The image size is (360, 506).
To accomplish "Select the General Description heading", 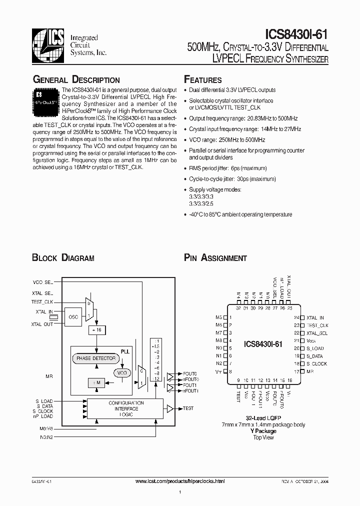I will (76, 80).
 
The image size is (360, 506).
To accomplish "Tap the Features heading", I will (203, 80).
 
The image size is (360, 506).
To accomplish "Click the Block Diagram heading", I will (63, 258).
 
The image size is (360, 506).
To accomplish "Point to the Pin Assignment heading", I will (215, 258).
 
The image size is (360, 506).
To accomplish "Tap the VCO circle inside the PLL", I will (120, 373).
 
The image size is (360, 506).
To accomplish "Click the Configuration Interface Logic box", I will (126, 408).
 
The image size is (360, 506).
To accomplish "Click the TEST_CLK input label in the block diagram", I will (42, 302).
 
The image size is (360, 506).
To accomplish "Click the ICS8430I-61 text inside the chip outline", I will (263, 344).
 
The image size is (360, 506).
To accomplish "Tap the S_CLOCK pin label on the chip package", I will (316, 363).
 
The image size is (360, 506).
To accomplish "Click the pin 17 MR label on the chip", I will (310, 371).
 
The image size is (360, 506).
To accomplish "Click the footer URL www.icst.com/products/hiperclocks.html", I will (180, 481).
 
